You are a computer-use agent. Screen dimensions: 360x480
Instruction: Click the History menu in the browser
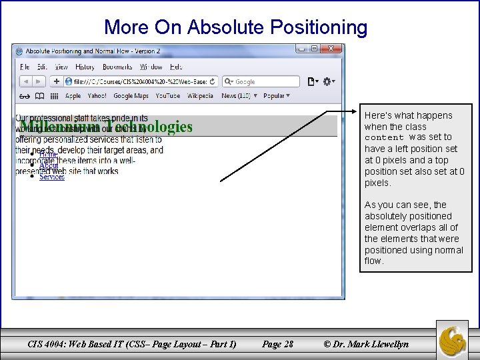85,67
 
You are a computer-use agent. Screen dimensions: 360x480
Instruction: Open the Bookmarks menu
117,67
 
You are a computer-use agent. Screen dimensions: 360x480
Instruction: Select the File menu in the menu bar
25,67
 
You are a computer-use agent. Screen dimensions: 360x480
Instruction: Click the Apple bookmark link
73,96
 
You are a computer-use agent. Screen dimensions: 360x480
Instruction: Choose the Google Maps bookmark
131,96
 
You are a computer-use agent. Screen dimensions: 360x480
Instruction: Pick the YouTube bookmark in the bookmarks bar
167,96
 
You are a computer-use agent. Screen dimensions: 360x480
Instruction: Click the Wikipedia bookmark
201,96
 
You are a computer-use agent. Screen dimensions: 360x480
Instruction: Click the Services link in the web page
52,177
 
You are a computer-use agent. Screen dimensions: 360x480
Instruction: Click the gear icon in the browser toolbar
327,81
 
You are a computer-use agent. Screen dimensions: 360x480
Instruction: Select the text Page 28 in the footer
278,344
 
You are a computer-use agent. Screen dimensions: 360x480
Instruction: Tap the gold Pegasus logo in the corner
452,339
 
